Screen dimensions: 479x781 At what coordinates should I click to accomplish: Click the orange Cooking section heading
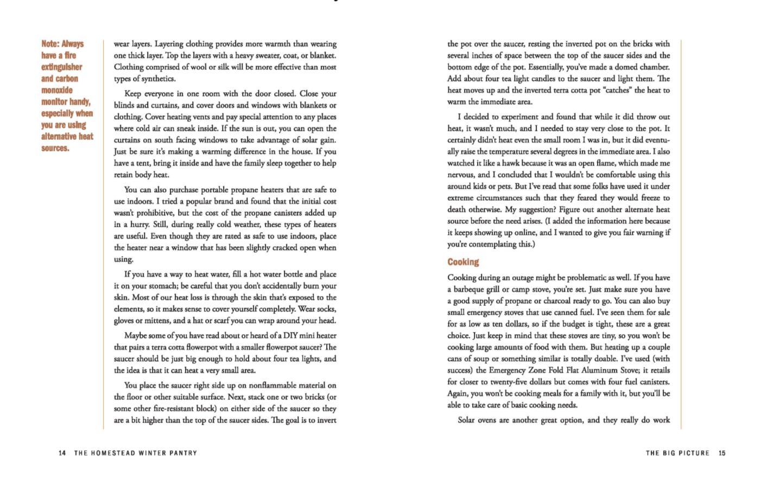[x=463, y=262]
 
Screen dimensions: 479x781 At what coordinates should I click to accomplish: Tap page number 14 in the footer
[x=62, y=453]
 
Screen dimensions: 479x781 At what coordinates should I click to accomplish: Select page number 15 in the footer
[x=722, y=453]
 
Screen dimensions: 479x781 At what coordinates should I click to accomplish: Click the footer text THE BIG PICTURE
[x=677, y=453]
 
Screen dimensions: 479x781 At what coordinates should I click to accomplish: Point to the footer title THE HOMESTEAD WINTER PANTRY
[x=136, y=453]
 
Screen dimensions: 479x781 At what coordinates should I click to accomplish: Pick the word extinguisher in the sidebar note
[x=62, y=67]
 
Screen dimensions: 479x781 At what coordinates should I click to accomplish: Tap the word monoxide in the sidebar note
[x=57, y=90]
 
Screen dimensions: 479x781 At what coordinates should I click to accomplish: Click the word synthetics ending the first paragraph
[x=157, y=79]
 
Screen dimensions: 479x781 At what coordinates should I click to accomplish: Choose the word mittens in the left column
[x=157, y=321]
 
